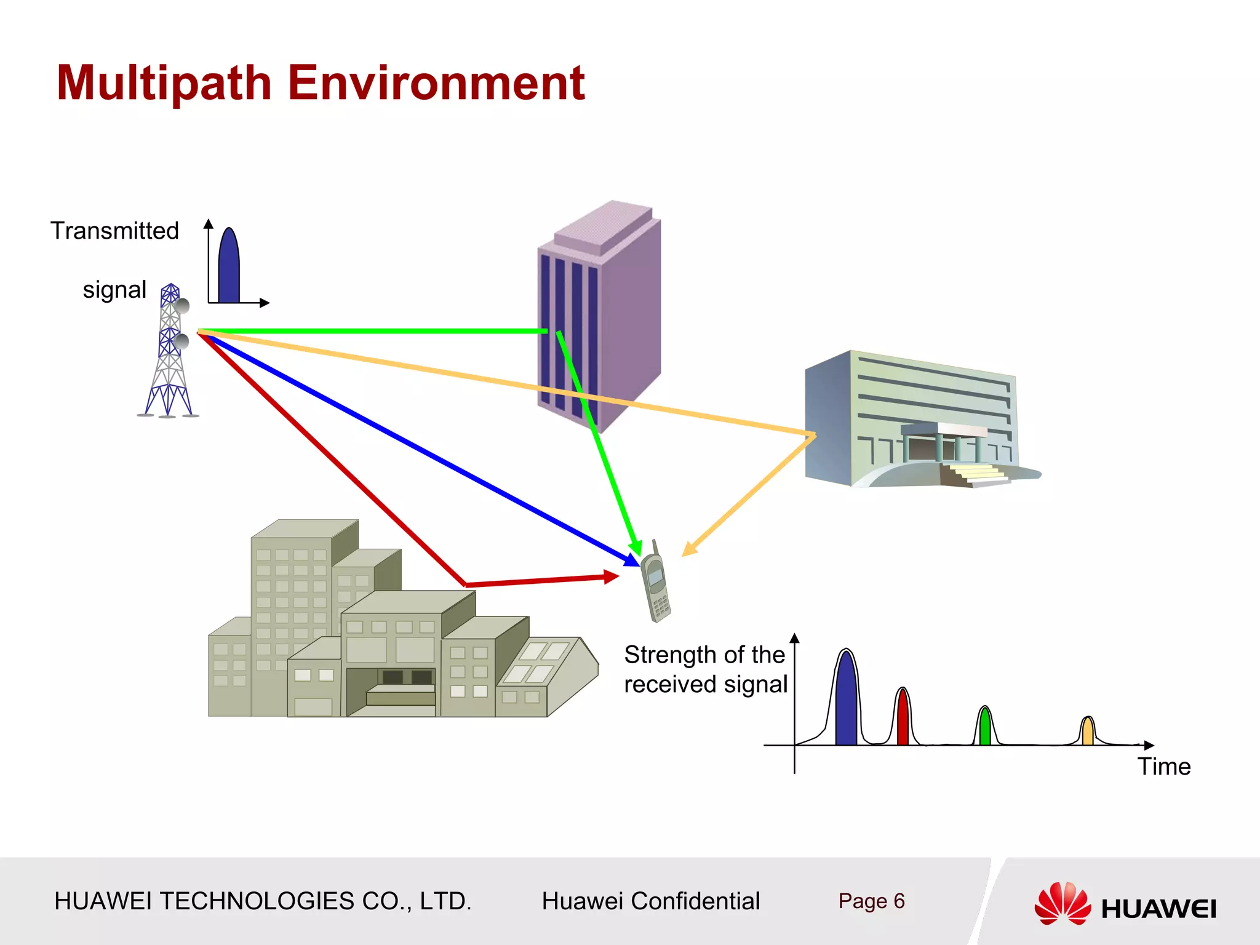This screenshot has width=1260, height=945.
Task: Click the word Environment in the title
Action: pyautogui.click(x=436, y=83)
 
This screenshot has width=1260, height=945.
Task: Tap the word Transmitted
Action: pyautogui.click(x=114, y=231)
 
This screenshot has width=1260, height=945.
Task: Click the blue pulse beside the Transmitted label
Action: pyautogui.click(x=229, y=268)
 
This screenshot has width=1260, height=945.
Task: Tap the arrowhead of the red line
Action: pyautogui.click(x=612, y=576)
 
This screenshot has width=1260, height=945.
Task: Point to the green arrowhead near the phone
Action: pyautogui.click(x=636, y=547)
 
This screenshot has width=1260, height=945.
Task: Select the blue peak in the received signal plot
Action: pyautogui.click(x=846, y=701)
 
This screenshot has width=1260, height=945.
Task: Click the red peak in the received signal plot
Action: pyautogui.click(x=903, y=719)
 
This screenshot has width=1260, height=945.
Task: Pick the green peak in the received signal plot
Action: pyautogui.click(x=985, y=727)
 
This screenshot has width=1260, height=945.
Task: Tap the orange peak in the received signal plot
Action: pyautogui.click(x=1088, y=732)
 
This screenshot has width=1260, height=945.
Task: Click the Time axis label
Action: pyautogui.click(x=1164, y=767)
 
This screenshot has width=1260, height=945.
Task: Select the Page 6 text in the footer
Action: pyautogui.click(x=871, y=901)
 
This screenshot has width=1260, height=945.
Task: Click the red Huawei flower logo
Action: pyautogui.click(x=1063, y=903)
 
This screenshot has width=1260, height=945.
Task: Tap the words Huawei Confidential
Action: pyautogui.click(x=650, y=901)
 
